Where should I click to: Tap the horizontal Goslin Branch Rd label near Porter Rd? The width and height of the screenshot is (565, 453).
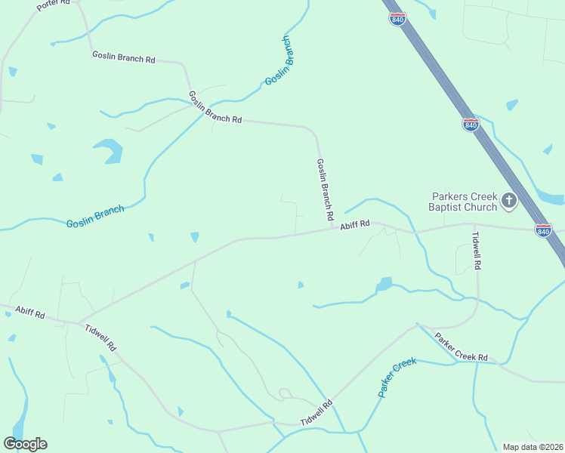pos(123,57)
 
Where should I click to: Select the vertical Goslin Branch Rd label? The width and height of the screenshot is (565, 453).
pos(326,190)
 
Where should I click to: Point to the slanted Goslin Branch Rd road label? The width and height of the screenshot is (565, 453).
pos(215,108)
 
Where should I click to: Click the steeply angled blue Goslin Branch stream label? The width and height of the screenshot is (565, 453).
pos(279,61)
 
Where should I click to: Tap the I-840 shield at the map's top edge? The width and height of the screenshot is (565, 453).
pos(397,18)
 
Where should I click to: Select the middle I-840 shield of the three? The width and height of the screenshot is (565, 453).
pos(471,125)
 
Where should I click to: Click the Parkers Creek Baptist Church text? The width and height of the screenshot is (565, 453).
pos(462,202)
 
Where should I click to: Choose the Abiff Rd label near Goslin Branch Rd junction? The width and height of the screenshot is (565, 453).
pos(354,224)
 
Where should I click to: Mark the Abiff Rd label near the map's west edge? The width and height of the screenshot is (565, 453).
pos(29,313)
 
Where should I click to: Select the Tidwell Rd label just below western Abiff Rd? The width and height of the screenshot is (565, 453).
pos(100,337)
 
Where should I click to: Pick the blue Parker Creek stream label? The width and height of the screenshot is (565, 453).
pos(397,378)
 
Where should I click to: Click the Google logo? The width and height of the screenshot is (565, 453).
pos(25,444)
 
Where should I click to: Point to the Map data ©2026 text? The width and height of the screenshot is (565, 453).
pos(533,447)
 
